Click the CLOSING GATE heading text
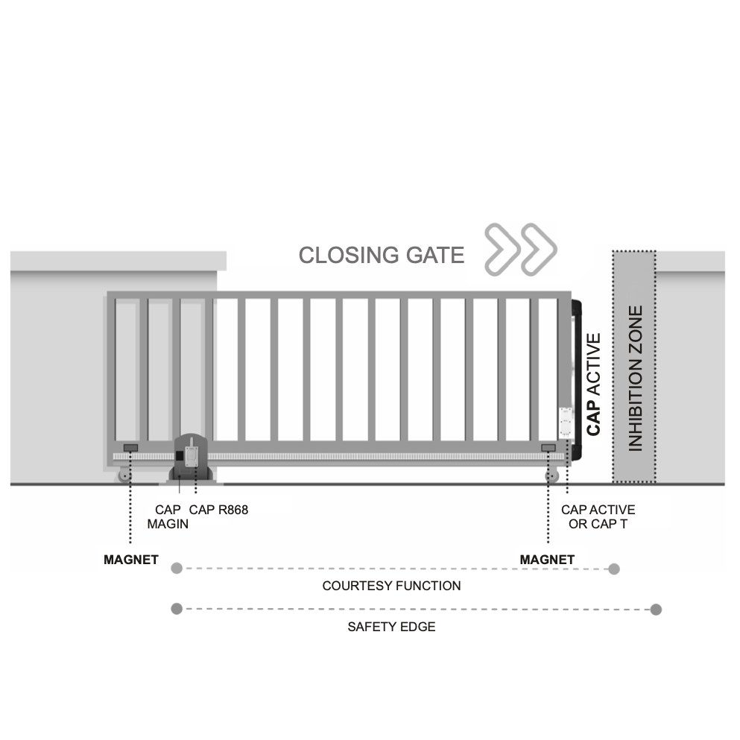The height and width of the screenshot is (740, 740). (x=381, y=256)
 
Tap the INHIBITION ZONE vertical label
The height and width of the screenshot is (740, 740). (x=635, y=379)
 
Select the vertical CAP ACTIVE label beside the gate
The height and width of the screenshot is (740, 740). (x=594, y=384)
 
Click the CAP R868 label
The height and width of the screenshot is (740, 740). (x=219, y=510)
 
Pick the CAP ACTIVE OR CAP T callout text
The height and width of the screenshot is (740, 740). (x=598, y=516)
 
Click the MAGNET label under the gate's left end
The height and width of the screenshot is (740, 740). (x=131, y=560)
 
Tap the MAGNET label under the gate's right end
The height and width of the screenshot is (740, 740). (x=547, y=560)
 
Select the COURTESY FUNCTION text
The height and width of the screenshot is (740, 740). (x=391, y=586)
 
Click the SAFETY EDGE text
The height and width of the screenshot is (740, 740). (x=391, y=627)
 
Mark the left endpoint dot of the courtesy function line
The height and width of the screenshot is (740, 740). (x=177, y=569)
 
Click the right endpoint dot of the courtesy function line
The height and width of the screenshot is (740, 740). (x=613, y=569)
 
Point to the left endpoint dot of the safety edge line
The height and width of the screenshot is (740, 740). (x=177, y=609)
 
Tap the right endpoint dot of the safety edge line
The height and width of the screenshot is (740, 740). (x=656, y=610)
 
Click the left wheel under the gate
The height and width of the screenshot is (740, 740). (x=124, y=476)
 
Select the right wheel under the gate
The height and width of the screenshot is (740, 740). (x=551, y=476)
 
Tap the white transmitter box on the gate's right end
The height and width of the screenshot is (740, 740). (x=565, y=423)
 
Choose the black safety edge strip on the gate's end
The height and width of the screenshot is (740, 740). (x=576, y=380)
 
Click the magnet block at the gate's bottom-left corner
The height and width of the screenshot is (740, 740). (x=130, y=447)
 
